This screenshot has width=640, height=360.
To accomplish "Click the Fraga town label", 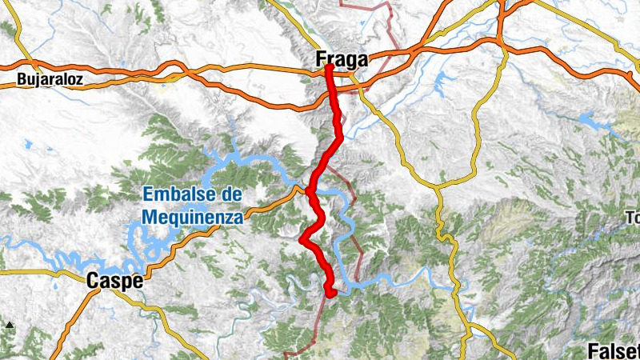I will pyautogui.click(x=342, y=59).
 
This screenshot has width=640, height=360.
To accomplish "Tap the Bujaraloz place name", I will pyautogui.click(x=45, y=80).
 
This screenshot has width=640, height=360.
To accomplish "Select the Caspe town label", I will pyautogui.click(x=115, y=281).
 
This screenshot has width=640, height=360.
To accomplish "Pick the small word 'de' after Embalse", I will pyautogui.click(x=232, y=194).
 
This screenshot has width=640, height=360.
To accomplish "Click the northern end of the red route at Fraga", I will pyautogui.click(x=329, y=67).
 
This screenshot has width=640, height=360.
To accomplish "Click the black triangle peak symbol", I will pyautogui.click(x=10, y=325).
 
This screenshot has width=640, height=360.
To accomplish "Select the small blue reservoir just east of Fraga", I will pyautogui.click(x=442, y=82).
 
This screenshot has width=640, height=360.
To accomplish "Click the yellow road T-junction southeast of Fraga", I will pyautogui.click(x=438, y=188).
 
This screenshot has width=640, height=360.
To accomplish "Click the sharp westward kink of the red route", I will pyautogui.click(x=302, y=238).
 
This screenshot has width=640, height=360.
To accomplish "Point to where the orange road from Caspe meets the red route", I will pyautogui.click(x=309, y=190).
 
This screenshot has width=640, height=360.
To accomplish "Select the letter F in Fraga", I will pyautogui.click(x=322, y=59).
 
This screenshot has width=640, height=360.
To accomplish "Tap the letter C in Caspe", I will pyautogui.click(x=93, y=281).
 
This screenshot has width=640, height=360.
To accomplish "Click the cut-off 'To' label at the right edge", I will pyautogui.click(x=634, y=218).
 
